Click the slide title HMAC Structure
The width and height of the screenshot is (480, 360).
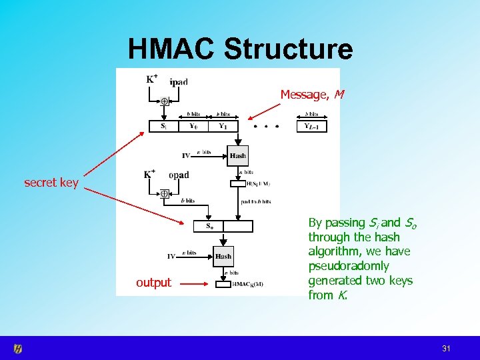coord(240,49)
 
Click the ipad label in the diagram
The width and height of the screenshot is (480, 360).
coord(179,83)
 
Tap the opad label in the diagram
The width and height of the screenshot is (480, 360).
coord(179,175)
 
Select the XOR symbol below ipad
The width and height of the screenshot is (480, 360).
coord(164,101)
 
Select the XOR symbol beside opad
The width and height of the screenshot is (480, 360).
coord(164,193)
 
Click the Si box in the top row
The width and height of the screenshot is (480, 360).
coord(163,126)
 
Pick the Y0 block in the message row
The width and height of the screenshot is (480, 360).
coord(194,126)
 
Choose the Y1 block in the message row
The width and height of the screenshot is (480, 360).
coord(223,126)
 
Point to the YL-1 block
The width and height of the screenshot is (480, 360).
coord(312,126)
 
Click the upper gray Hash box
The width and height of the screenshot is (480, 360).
coord(237,155)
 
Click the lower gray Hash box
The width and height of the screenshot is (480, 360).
coord(223,256)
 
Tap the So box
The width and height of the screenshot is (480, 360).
coord(208,226)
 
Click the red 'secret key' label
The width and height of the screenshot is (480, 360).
coord(51,182)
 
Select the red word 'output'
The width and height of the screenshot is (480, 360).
coord(153,283)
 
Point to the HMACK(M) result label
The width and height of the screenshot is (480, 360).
coord(247,285)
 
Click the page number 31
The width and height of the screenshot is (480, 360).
coord(446,349)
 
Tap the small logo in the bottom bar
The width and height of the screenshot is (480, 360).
coord(19,348)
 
